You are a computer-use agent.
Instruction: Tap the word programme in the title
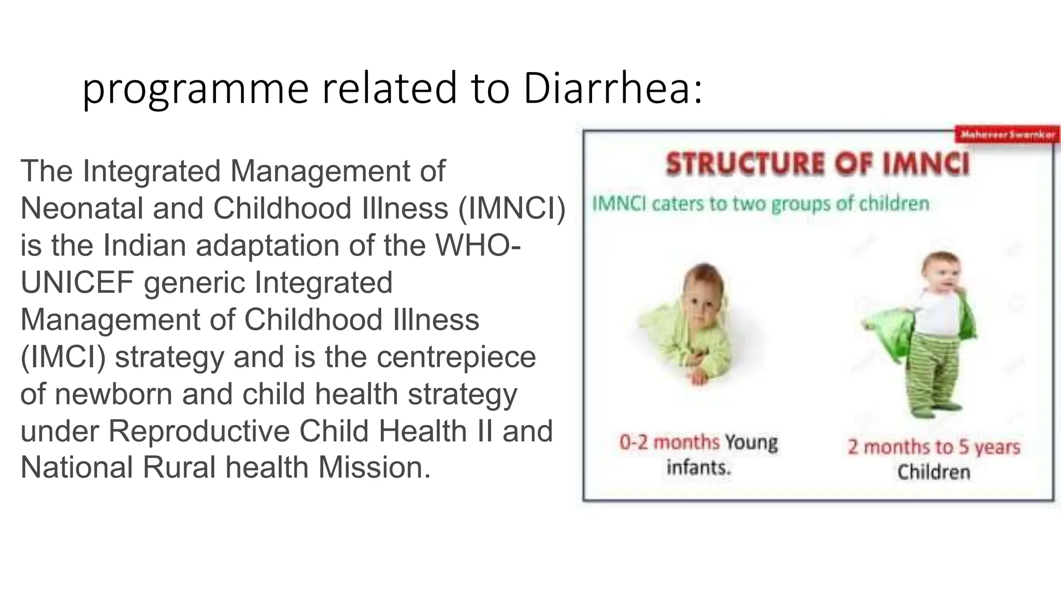point(195,90)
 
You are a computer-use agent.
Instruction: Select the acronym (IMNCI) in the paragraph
point(512,208)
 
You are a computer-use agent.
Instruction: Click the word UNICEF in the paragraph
point(77,282)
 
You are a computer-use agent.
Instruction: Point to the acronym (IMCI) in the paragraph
point(63,357)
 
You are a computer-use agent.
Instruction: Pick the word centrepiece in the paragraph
point(456,357)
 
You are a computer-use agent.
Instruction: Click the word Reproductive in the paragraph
point(198,431)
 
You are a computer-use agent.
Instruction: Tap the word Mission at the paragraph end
point(374,467)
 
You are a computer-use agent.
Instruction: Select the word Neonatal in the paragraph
point(81,208)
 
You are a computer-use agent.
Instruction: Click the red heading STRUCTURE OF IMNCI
point(818,164)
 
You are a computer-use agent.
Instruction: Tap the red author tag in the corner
point(1007,135)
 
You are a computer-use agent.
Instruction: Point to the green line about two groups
point(761,204)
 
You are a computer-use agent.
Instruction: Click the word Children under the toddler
point(934,472)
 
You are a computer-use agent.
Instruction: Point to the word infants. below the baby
point(698,468)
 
